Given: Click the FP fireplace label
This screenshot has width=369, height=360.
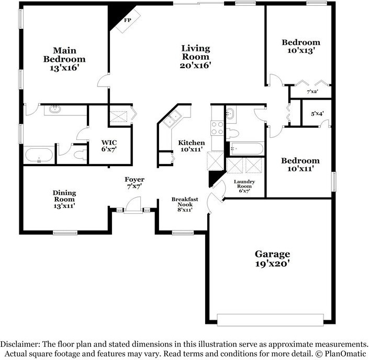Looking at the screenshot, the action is [x=128, y=20].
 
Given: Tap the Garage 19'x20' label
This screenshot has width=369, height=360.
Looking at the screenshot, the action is [x=272, y=259].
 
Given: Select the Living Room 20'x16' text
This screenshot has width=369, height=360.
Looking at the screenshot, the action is [x=195, y=57].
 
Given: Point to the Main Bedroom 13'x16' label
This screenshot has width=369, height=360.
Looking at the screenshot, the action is [x=64, y=59].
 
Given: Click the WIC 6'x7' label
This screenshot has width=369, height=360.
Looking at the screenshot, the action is [x=109, y=146].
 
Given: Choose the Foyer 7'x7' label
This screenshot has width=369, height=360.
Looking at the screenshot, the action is [x=135, y=183].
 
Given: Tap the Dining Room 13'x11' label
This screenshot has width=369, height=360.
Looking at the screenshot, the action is [x=64, y=199].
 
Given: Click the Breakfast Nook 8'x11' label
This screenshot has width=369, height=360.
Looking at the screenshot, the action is [x=185, y=204].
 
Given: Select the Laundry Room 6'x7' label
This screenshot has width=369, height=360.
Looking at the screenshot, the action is [x=244, y=186].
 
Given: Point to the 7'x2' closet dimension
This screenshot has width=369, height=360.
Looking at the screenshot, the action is [x=312, y=91].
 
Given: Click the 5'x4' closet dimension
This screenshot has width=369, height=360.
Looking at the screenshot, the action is [x=317, y=114].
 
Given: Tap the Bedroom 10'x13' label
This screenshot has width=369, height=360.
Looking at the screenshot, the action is [x=301, y=46].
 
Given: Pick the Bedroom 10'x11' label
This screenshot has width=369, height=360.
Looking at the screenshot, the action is [x=300, y=165].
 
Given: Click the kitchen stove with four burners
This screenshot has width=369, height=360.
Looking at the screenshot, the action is [x=217, y=128].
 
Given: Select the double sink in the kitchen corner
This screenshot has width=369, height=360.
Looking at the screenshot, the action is [x=172, y=118].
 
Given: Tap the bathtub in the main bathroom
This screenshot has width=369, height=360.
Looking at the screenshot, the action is [x=39, y=155].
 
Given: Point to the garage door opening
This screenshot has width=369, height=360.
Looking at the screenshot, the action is [x=270, y=320].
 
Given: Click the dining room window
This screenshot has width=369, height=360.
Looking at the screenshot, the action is [x=65, y=233].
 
